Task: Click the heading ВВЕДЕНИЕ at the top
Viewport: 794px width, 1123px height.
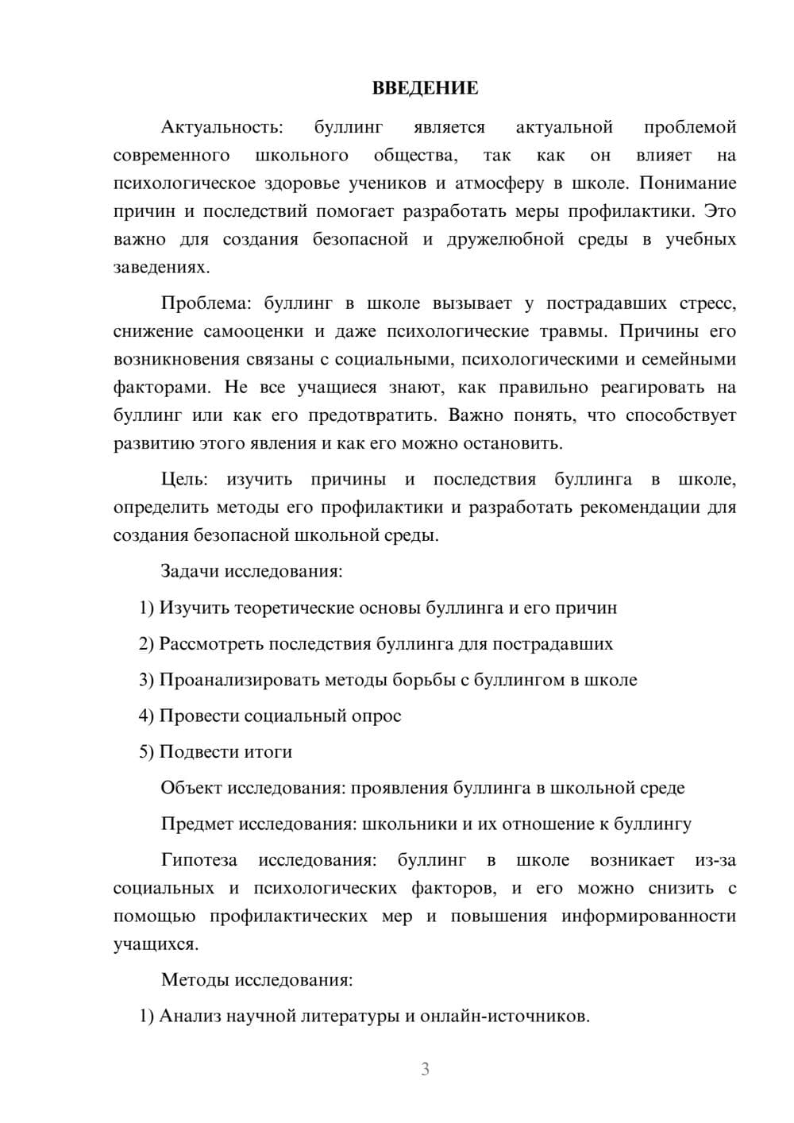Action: click(425, 88)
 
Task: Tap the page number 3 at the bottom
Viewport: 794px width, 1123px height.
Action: click(425, 1069)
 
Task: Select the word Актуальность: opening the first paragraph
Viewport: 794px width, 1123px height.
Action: click(222, 127)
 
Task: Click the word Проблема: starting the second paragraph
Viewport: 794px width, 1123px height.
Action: click(207, 303)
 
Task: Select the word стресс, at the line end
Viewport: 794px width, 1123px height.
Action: click(707, 303)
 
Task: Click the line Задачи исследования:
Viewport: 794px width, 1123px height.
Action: click(252, 571)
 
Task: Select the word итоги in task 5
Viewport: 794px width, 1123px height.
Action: click(269, 751)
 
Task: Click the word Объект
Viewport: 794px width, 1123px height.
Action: click(191, 788)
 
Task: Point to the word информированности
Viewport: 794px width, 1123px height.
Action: click(649, 916)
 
